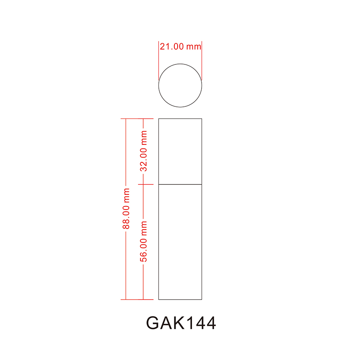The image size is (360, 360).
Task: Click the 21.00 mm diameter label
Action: click(x=180, y=46)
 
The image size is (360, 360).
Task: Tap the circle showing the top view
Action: click(x=180, y=85)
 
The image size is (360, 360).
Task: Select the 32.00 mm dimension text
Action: click(x=144, y=151)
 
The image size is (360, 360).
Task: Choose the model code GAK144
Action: click(x=181, y=323)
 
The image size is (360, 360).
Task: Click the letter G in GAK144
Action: click(x=154, y=323)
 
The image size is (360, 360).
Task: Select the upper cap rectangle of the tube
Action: click(x=180, y=151)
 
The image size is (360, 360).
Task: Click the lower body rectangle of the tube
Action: click(x=180, y=242)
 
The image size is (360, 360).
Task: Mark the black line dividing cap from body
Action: click(x=180, y=184)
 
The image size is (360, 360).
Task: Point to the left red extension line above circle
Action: click(x=159, y=60)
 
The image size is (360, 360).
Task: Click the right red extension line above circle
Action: click(x=202, y=60)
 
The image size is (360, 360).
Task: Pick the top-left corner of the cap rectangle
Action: click(x=159, y=119)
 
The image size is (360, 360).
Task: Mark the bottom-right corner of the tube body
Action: click(x=202, y=299)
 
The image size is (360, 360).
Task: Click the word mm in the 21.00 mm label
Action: click(x=193, y=46)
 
